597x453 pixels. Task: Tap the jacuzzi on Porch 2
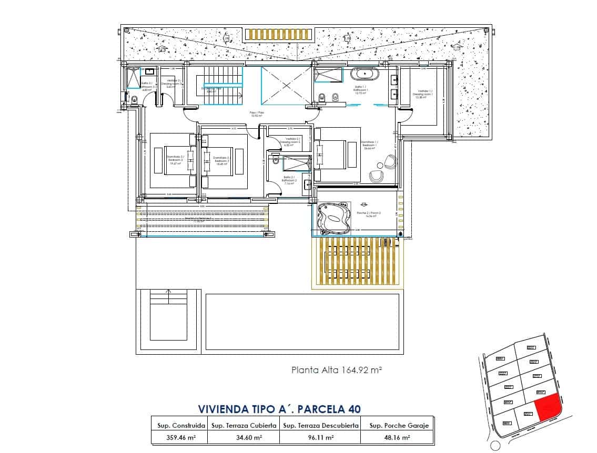coord(332,217)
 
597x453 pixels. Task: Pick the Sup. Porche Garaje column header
coord(399,425)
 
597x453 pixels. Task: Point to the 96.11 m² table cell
coord(321,437)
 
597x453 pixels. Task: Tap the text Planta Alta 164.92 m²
coord(336,370)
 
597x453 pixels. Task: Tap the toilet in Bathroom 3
coord(134,99)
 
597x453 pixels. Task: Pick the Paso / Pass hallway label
coord(256,114)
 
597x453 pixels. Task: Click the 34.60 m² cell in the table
coord(244,437)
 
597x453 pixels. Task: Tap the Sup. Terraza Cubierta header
coord(244,425)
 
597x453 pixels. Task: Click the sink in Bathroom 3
coord(149,71)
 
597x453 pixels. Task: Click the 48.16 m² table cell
coord(399,437)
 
